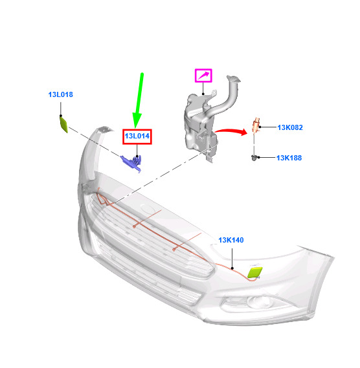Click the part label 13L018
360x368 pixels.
[x=61, y=94]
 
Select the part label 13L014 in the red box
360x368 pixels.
[x=137, y=136]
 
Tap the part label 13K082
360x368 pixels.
[x=290, y=127]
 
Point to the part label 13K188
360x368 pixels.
[x=289, y=158]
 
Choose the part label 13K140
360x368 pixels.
[x=231, y=240]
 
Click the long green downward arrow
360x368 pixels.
[x=139, y=101]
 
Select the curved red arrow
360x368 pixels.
[x=231, y=131]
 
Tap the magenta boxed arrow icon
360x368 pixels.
[x=203, y=76]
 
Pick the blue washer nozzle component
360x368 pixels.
[x=132, y=162]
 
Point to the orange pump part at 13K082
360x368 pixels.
[x=256, y=125]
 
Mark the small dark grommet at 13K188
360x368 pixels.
[x=254, y=158]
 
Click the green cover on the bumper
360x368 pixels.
[x=255, y=272]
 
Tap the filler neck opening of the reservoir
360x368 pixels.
[x=233, y=79]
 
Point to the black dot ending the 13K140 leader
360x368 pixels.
[x=232, y=268]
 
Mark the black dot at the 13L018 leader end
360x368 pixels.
[x=61, y=116]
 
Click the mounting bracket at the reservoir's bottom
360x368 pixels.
[x=209, y=156]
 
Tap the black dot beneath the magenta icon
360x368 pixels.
[x=203, y=94]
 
